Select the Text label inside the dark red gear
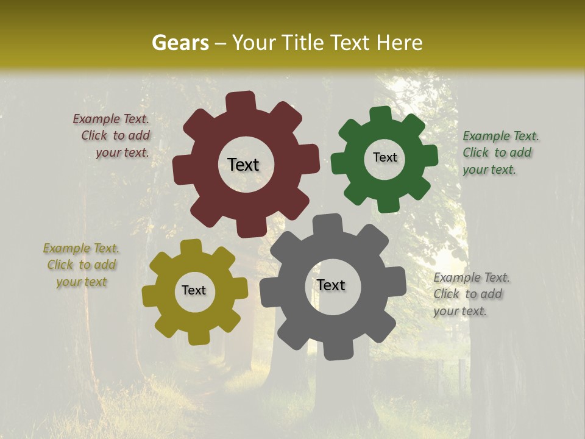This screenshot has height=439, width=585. coord(243,165)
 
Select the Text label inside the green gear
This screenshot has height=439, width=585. coord(385,157)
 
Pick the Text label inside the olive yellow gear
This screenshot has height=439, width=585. coord(194,290)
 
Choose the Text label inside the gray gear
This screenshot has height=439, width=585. coord(331,285)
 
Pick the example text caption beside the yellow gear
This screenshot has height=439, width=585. coord(81,265)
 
